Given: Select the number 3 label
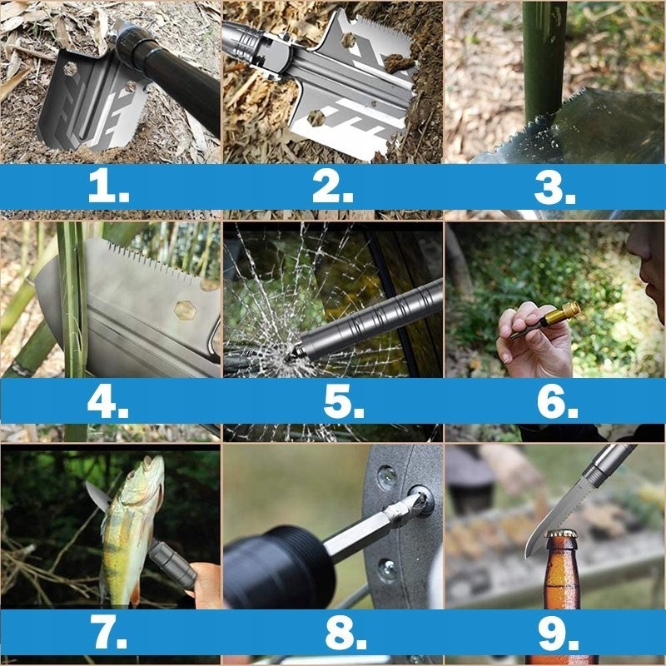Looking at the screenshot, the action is tap(554, 188).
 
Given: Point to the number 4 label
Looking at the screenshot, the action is tap(108, 401).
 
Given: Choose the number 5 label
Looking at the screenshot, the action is tap(344, 401).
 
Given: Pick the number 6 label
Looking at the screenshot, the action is tap(557, 401).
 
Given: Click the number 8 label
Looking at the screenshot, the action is tap(345, 634).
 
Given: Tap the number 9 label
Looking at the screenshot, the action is tap(558, 634).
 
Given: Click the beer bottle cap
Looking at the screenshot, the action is tap(561, 534).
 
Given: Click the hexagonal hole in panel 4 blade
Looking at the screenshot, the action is tap(185, 311).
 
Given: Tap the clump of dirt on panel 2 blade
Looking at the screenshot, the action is tap(400, 63).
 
